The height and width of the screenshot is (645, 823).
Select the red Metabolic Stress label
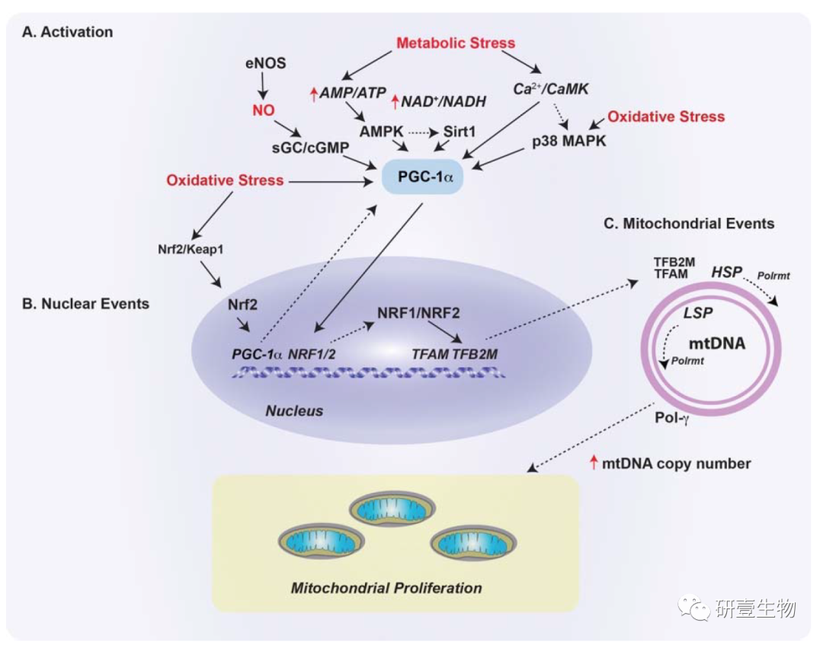pos(456,43)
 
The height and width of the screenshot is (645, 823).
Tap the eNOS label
pos(266,64)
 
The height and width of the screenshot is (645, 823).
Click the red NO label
pos(263,111)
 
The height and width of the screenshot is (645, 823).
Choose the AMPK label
pos(381,132)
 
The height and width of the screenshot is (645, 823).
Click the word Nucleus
pos(294,410)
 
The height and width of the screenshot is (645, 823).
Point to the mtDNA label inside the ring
pos(716,343)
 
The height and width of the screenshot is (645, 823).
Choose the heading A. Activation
pos(68,32)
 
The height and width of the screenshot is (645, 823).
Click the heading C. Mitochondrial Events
pos(688,224)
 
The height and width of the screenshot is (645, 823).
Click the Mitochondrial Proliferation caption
pos(386,588)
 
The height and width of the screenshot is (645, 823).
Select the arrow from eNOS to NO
pos(264,88)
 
